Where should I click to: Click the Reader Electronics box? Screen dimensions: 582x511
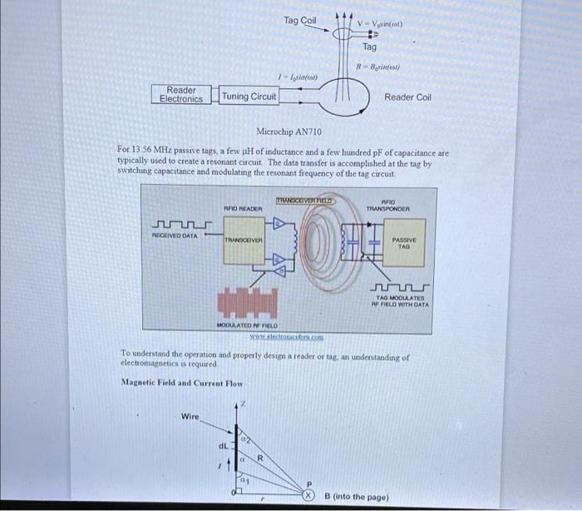pyautogui.click(x=181, y=95)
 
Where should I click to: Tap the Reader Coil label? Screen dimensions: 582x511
pyautogui.click(x=407, y=97)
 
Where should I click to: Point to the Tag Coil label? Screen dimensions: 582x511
pyautogui.click(x=299, y=20)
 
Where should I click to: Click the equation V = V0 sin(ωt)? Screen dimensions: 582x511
pyautogui.click(x=380, y=23)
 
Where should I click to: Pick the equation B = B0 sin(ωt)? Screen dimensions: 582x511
pyautogui.click(x=378, y=66)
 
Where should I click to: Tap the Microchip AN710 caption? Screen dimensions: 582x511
pyautogui.click(x=289, y=132)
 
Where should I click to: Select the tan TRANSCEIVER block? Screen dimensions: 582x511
pyautogui.click(x=243, y=241)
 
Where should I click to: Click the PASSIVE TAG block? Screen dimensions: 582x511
pyautogui.click(x=404, y=243)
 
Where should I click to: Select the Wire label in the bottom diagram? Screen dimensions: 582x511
pyautogui.click(x=190, y=416)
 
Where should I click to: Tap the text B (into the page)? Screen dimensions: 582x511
pyautogui.click(x=357, y=497)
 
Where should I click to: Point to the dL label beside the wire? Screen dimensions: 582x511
pyautogui.click(x=223, y=445)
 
